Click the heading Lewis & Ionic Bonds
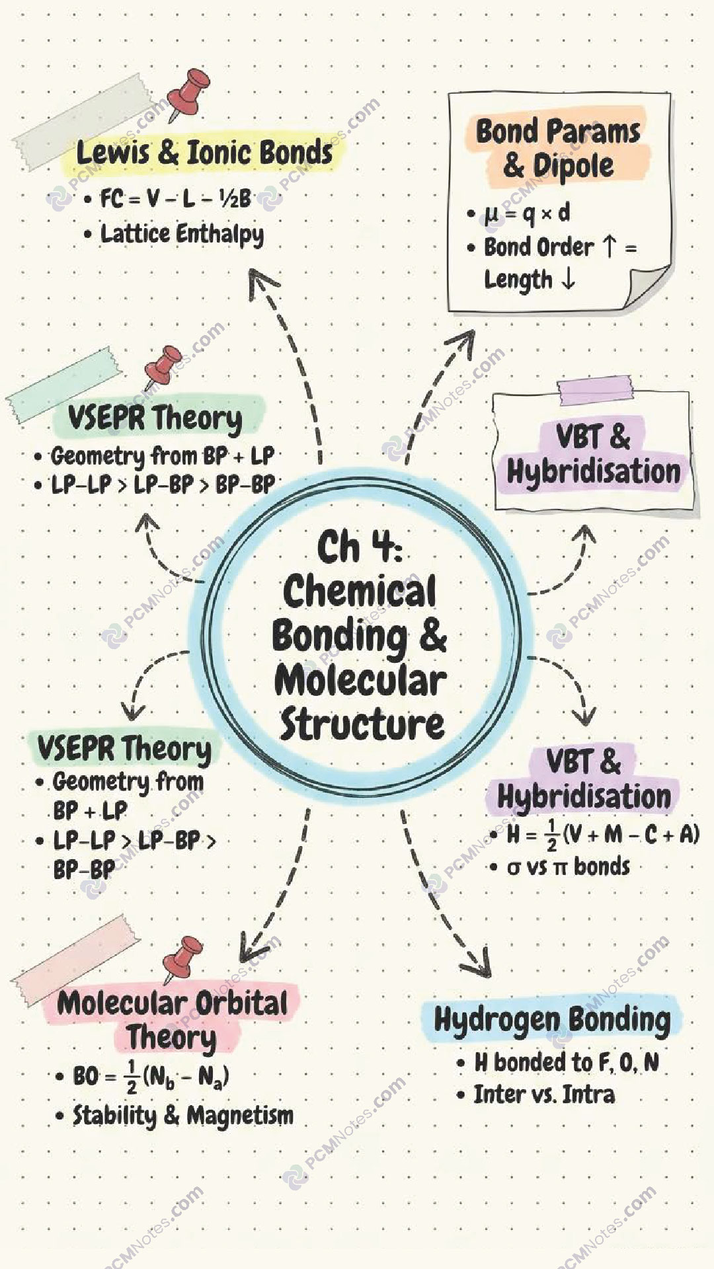(x=204, y=153)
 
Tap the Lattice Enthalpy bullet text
(x=182, y=234)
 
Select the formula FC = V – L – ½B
(x=175, y=198)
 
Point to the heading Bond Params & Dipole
(x=558, y=148)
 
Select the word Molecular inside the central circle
(x=360, y=681)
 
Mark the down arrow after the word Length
(x=567, y=279)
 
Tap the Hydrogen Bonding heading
(x=552, y=1020)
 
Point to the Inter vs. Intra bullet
(x=544, y=1095)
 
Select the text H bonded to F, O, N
(x=567, y=1062)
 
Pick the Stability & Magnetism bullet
(x=183, y=1116)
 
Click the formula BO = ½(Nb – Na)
(x=151, y=1077)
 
